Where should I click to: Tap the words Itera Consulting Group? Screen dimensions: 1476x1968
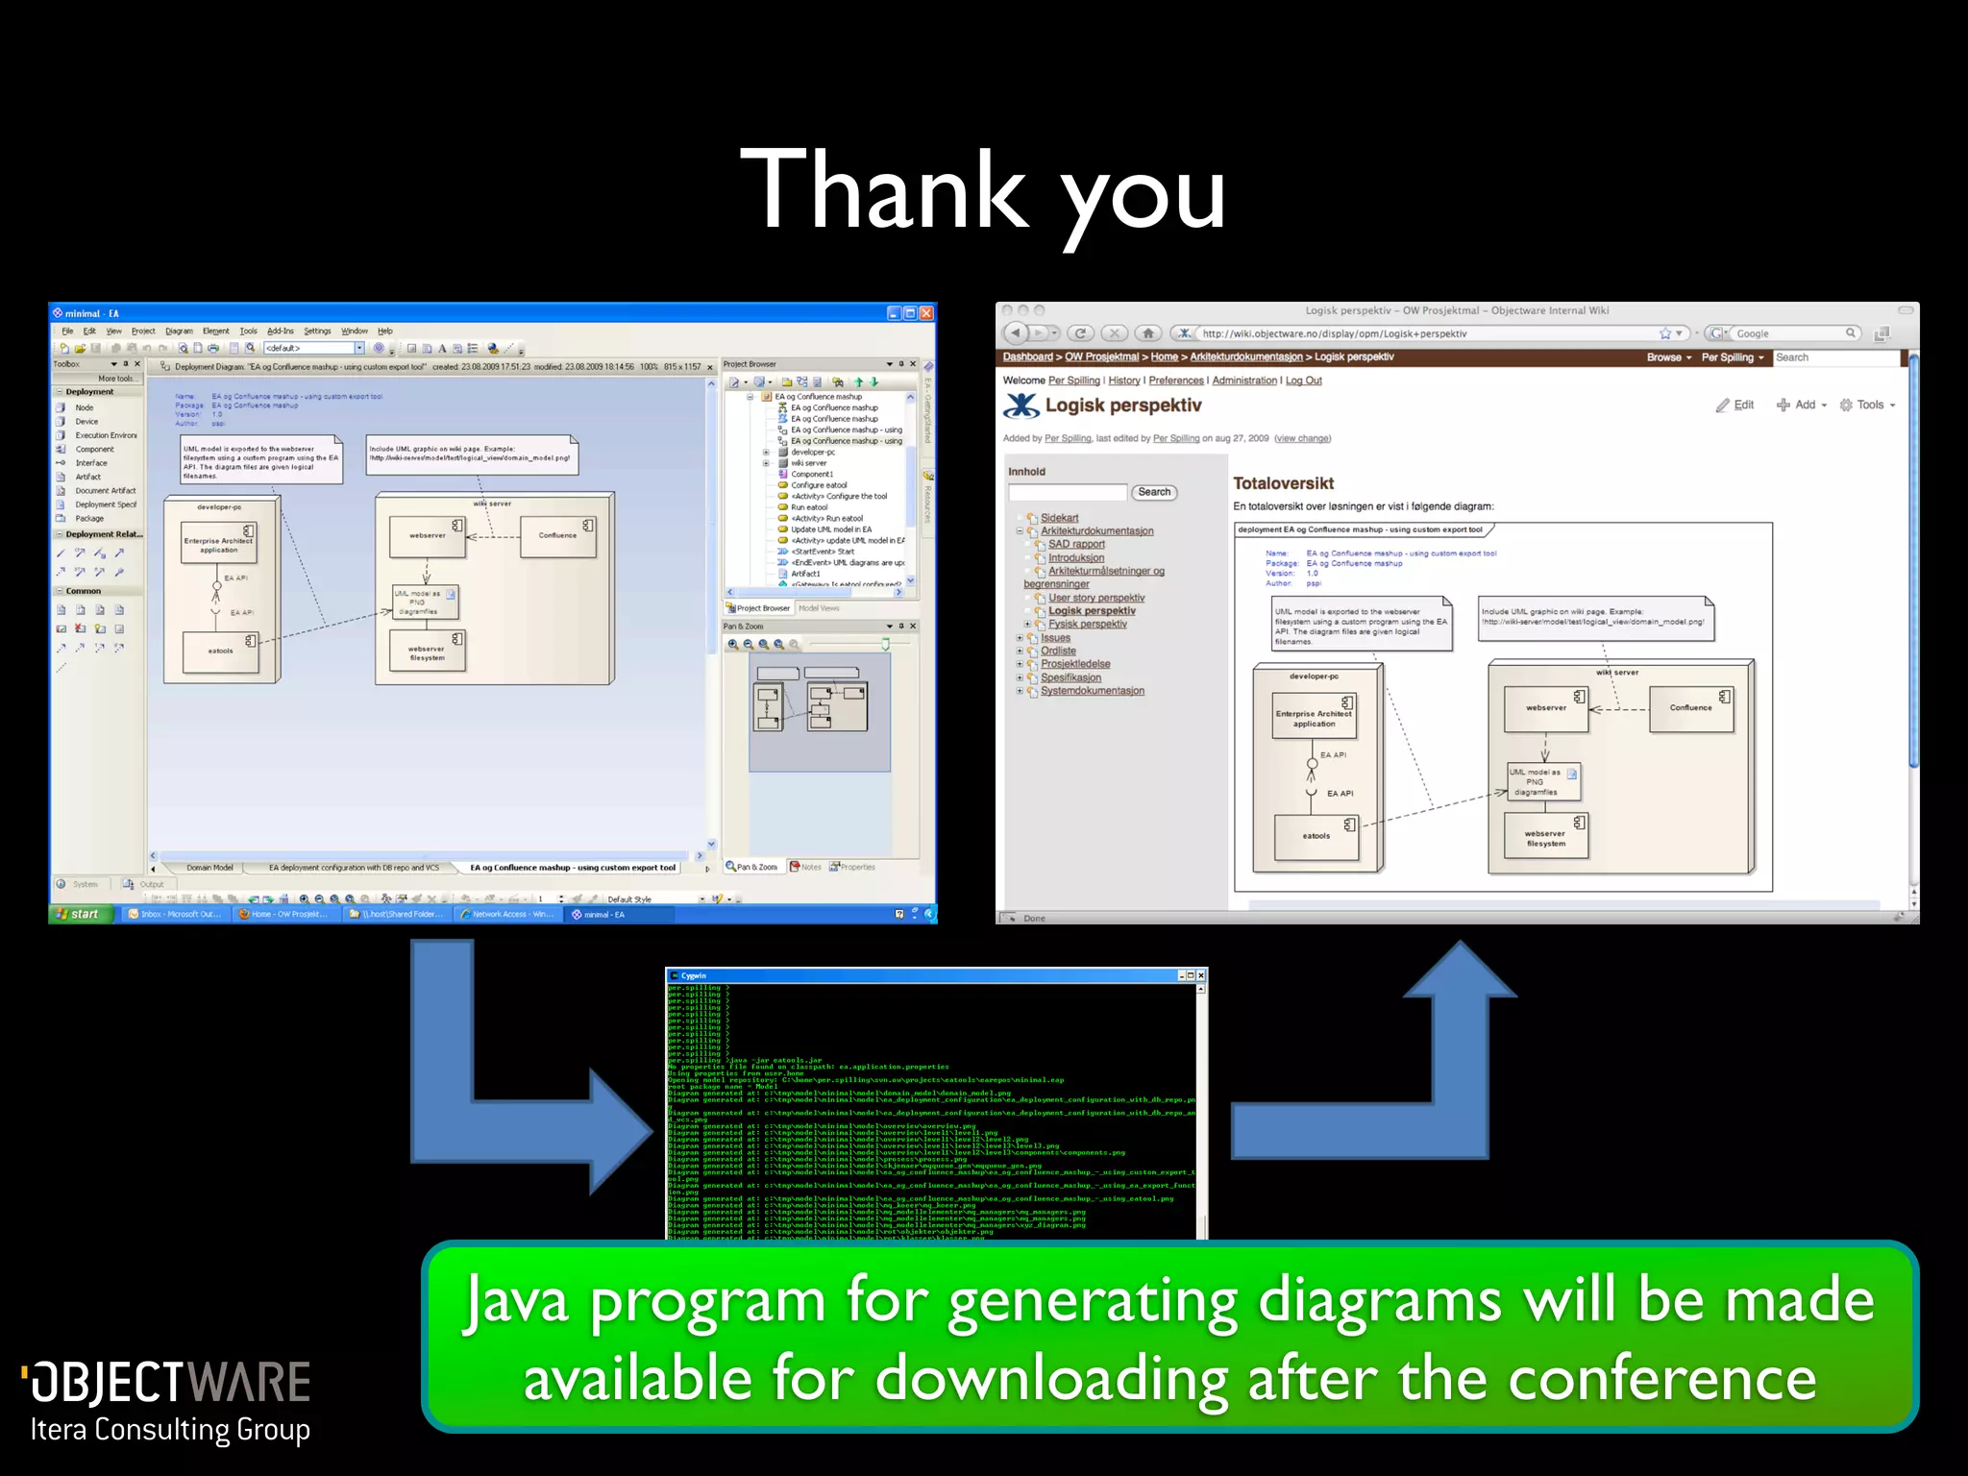click(x=170, y=1430)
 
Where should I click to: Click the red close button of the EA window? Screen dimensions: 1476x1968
click(x=926, y=313)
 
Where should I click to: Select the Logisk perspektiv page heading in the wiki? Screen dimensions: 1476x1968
click(x=1122, y=406)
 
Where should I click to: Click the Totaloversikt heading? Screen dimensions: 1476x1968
click(x=1283, y=483)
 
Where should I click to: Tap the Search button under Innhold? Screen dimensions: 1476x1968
click(x=1154, y=492)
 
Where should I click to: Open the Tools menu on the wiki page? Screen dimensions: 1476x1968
click(x=1868, y=406)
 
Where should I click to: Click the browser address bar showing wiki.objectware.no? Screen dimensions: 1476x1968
click(x=1422, y=333)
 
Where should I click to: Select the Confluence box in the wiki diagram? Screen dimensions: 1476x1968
click(x=1690, y=708)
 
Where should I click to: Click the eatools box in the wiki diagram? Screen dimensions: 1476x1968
click(x=1316, y=836)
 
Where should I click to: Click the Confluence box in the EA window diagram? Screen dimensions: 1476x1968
click(x=557, y=536)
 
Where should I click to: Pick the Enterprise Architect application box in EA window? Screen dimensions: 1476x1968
click(x=218, y=546)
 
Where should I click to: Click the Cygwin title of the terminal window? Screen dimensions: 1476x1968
click(x=693, y=975)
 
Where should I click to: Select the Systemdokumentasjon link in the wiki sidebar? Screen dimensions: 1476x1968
click(x=1092, y=691)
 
